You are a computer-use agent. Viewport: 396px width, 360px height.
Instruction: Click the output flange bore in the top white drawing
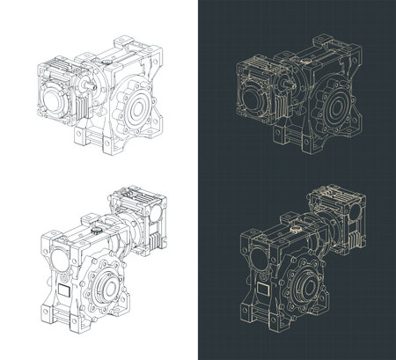[138, 108]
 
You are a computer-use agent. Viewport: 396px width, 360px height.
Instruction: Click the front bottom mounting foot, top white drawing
[82, 140]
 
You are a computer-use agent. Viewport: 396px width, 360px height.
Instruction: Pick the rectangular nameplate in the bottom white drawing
[64, 291]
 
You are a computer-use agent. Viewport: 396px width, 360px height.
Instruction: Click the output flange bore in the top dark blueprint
[336, 108]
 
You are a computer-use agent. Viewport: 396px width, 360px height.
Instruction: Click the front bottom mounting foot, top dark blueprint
[280, 140]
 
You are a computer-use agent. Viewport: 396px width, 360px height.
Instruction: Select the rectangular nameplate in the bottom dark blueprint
[262, 291]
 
